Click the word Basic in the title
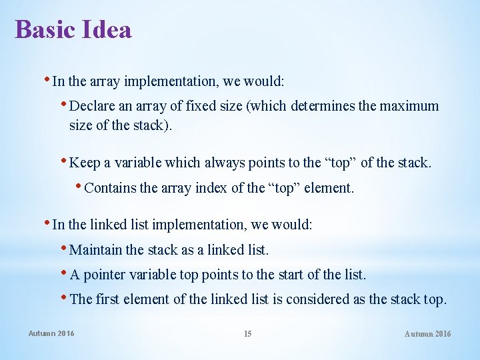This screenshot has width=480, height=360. click(x=41, y=29)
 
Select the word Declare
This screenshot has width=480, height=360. click(x=93, y=106)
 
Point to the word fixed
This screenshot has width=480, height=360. click(x=205, y=106)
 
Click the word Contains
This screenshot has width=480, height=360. click(x=112, y=188)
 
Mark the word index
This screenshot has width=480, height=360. click(x=211, y=188)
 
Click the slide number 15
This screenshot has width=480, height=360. click(x=247, y=333)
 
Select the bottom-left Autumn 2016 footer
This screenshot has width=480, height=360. click(x=51, y=333)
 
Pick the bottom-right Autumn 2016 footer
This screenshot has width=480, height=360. click(x=427, y=333)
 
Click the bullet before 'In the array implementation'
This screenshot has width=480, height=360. click(x=47, y=80)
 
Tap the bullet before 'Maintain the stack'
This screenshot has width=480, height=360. click(x=64, y=249)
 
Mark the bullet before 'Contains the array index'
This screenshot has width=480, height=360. click(x=80, y=187)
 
